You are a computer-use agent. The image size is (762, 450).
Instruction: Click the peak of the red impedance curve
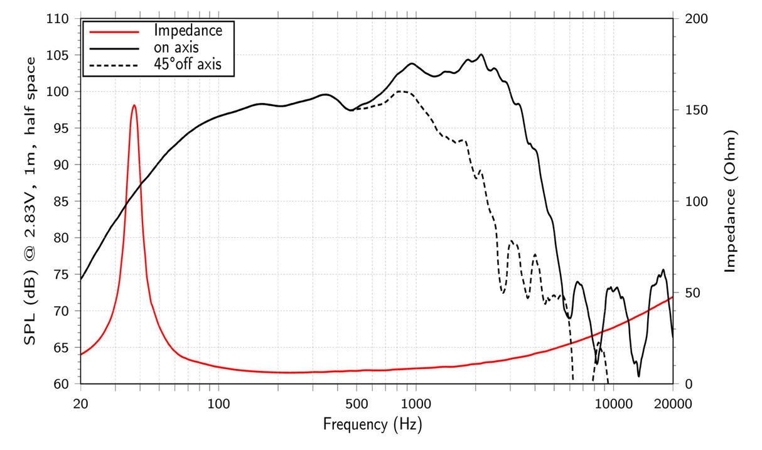click(x=134, y=105)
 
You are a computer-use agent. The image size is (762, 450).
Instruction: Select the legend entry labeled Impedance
click(x=188, y=30)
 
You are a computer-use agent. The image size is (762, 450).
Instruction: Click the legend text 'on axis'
click(x=177, y=47)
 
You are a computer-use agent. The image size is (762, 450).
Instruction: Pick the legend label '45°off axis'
click(x=188, y=64)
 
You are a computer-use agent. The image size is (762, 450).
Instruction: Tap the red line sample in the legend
click(x=114, y=31)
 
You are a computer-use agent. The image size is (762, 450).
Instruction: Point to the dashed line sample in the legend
click(x=114, y=65)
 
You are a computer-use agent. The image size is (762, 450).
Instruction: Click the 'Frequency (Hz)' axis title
click(x=373, y=425)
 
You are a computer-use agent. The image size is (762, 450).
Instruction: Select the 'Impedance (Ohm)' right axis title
click(x=730, y=201)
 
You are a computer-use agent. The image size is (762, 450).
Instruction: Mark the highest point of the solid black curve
click(x=481, y=55)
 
